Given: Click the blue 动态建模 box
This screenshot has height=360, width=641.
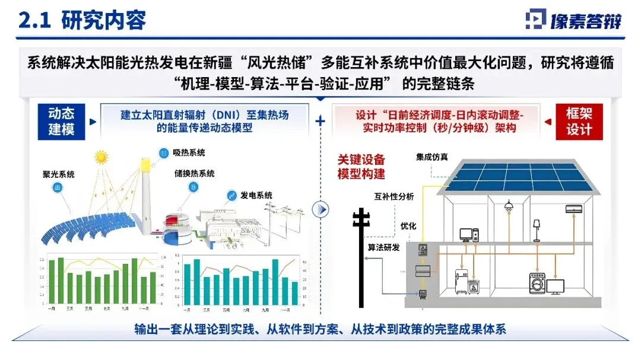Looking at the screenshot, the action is pyautogui.click(x=61, y=121).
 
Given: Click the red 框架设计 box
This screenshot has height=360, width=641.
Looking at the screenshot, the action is pyautogui.click(x=579, y=121).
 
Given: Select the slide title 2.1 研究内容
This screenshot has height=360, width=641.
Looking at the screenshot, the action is pyautogui.click(x=82, y=21).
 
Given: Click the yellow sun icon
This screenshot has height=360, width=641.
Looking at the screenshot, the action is pyautogui.click(x=102, y=158).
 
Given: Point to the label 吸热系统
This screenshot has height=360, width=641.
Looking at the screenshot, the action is pyautogui.click(x=189, y=153).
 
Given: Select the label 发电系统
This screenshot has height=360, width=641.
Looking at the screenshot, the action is pyautogui.click(x=257, y=195).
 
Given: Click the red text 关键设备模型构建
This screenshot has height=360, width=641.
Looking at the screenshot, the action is pyautogui.click(x=361, y=167).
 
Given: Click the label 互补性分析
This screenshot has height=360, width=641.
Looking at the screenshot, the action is pyautogui.click(x=394, y=197).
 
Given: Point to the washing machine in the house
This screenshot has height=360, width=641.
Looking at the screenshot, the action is pyautogui.click(x=536, y=283).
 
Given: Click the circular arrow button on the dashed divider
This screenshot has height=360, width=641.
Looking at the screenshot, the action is pyautogui.click(x=321, y=209).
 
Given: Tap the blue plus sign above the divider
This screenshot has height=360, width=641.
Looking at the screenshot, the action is pyautogui.click(x=320, y=121).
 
